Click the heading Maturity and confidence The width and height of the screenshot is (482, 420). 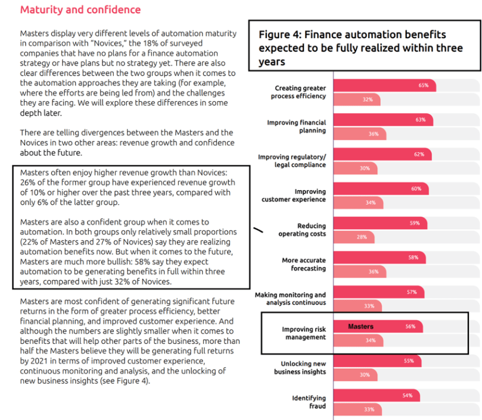[80, 10]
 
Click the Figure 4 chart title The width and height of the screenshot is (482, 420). [360, 48]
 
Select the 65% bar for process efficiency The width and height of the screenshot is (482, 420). [384, 85]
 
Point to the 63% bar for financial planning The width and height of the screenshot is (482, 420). [383, 120]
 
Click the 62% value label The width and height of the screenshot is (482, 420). [419, 154]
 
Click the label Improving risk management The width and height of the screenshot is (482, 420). [304, 333]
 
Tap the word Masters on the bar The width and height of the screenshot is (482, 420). [360, 327]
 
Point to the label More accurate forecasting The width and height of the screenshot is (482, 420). [304, 264]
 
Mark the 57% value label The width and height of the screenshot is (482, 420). [411, 292]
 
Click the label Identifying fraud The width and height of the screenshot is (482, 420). [309, 402]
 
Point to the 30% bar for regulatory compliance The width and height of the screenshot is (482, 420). [356, 168]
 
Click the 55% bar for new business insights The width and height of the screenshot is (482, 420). [377, 361]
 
